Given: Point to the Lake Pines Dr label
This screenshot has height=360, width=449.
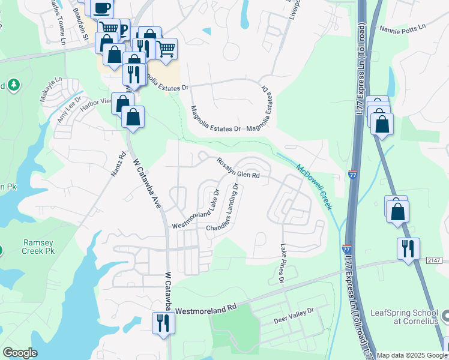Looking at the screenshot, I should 282,263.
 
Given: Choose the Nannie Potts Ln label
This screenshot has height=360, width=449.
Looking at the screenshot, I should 402,28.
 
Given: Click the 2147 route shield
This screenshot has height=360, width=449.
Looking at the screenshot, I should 435,259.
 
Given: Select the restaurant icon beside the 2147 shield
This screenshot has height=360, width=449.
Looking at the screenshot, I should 408,248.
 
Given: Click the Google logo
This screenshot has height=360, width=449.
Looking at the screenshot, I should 20,353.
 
